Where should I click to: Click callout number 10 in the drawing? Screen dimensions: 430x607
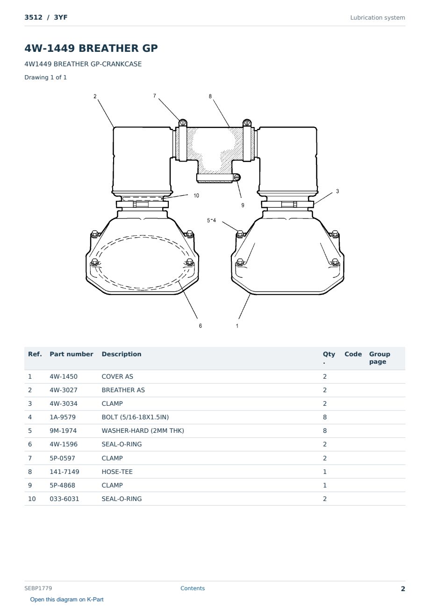pyautogui.click(x=196, y=195)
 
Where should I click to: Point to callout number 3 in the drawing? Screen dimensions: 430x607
pyautogui.click(x=337, y=191)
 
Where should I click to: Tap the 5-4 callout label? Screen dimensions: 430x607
pyautogui.click(x=211, y=220)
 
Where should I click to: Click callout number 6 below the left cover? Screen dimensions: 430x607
pyautogui.click(x=200, y=326)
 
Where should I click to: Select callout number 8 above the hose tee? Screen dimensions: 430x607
pyautogui.click(x=210, y=96)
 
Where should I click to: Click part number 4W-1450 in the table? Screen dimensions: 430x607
pyautogui.click(x=64, y=376)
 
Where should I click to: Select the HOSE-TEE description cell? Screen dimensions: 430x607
pyautogui.click(x=117, y=472)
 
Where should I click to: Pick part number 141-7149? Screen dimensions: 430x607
pyautogui.click(x=64, y=472)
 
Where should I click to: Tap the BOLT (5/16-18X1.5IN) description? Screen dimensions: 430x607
pyautogui.click(x=135, y=417)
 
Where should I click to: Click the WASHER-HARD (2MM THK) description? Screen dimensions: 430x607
pyautogui.click(x=143, y=431)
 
